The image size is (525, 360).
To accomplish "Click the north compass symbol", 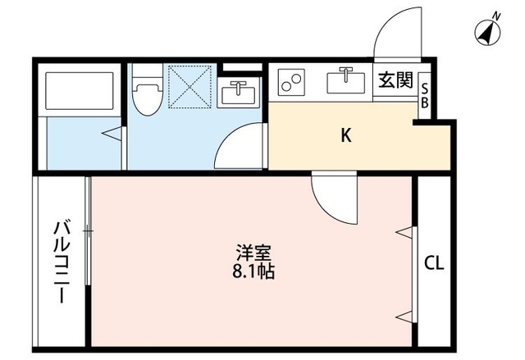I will click(490, 32).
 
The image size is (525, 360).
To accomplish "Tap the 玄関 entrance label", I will click(395, 81).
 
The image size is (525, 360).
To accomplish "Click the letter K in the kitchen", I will click(347, 136).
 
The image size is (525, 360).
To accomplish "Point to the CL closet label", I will click(434, 263).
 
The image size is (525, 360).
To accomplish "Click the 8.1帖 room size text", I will click(253, 271).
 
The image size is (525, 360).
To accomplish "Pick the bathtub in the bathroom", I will click(79, 92).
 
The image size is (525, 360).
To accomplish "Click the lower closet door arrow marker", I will click(404, 316).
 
